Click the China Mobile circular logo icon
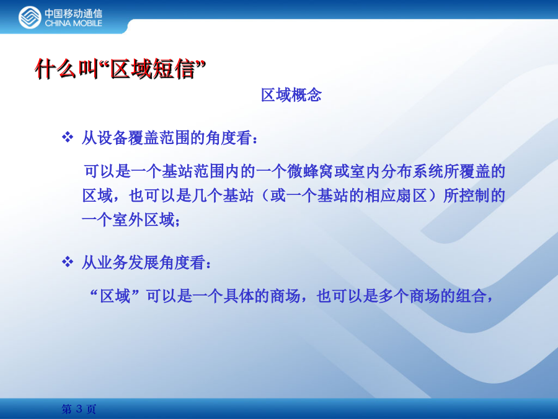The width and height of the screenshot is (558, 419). click(x=30, y=17)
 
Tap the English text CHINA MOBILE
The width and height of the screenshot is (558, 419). click(x=73, y=23)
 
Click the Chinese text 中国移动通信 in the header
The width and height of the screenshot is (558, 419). click(x=73, y=13)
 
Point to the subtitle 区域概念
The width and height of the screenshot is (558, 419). click(x=291, y=95)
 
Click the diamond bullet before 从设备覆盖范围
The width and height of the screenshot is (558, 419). click(x=68, y=137)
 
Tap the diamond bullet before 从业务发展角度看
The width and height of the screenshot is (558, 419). click(x=68, y=262)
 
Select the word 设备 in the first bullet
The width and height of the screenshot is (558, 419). click(x=113, y=138)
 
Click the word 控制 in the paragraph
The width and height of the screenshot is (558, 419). click(x=474, y=196)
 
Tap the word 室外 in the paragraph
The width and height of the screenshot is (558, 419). click(x=128, y=220)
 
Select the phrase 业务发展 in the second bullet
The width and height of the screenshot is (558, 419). click(x=128, y=263)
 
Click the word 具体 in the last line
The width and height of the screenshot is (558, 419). click(x=239, y=296)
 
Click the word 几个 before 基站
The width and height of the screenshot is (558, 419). click(x=207, y=196)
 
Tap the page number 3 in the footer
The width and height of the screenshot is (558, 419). click(x=79, y=409)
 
